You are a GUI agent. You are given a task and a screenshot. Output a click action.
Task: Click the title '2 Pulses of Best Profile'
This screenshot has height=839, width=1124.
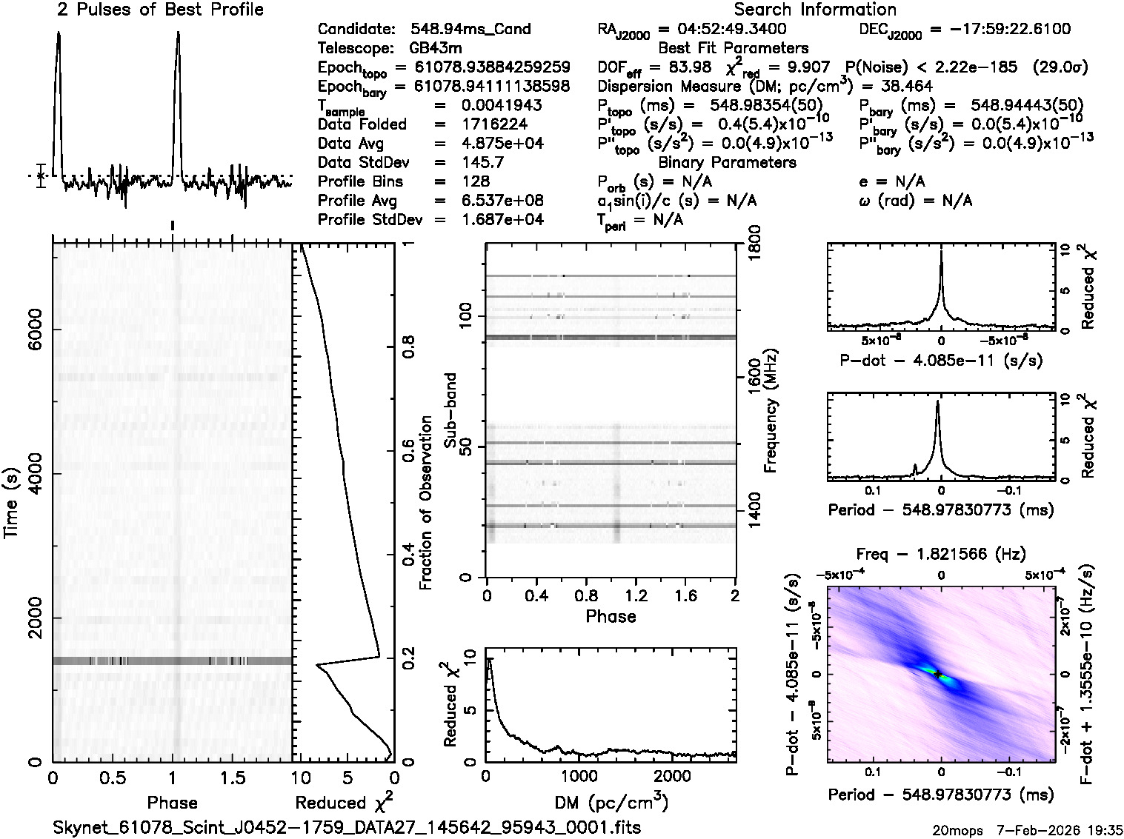(160, 10)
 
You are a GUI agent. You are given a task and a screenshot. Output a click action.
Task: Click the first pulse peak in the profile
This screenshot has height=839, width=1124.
(59, 34)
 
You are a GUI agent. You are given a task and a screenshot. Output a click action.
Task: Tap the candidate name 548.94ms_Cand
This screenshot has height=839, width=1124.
(470, 30)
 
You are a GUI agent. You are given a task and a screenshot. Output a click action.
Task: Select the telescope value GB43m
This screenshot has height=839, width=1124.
(436, 49)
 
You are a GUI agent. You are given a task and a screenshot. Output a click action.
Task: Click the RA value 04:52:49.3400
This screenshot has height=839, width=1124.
(722, 30)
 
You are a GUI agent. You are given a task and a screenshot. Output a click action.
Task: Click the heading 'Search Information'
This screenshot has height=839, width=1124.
(815, 10)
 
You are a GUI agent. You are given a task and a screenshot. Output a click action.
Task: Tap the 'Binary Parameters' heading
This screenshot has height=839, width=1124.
(727, 162)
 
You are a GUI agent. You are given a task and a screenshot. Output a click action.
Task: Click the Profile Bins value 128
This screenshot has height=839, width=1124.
(475, 182)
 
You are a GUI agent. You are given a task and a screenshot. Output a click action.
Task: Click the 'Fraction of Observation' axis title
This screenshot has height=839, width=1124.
(425, 504)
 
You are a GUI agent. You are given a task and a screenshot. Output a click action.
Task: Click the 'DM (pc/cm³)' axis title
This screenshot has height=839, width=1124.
(611, 803)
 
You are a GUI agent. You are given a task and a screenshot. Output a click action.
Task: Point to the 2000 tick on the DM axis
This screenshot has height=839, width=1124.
(671, 775)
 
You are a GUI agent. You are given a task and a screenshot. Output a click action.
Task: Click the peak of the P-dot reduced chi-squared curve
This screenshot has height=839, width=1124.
(941, 252)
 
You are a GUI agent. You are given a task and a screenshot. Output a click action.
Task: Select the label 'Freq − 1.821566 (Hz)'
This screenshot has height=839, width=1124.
(941, 554)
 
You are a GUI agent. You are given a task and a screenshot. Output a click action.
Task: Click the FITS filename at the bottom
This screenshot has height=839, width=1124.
(347, 827)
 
